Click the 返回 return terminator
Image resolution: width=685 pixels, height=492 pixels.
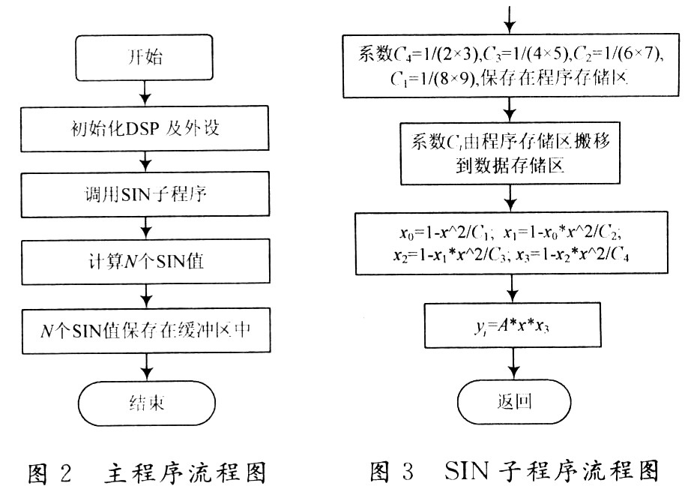(x=513, y=402)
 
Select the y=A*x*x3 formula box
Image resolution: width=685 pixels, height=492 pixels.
(x=513, y=324)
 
